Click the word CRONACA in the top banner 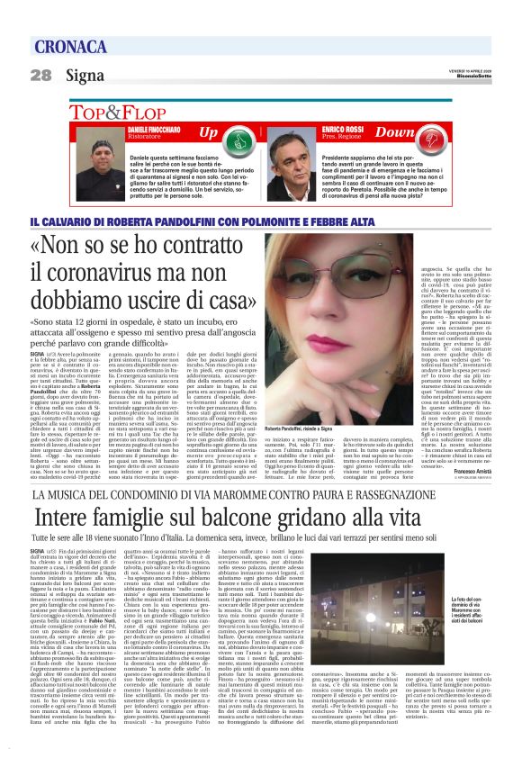(x=73, y=47)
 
